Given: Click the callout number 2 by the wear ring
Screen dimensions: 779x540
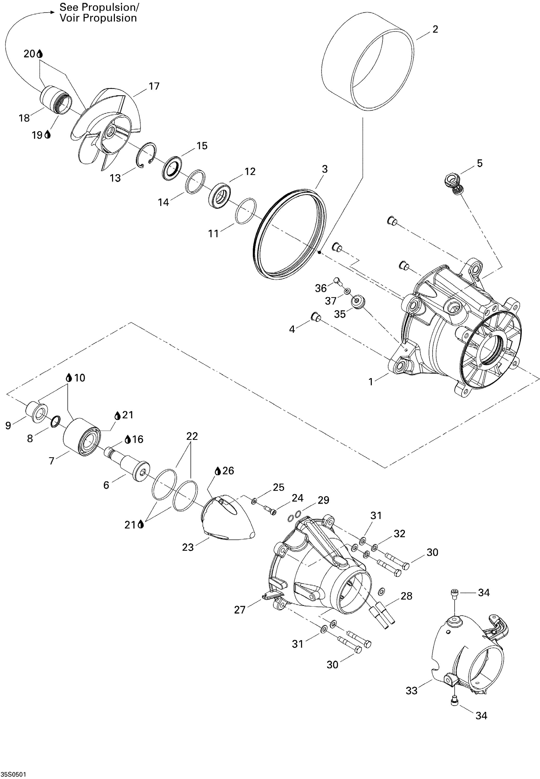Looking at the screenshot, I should coord(435,29).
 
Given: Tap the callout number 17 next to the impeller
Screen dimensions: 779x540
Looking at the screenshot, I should coord(154,86).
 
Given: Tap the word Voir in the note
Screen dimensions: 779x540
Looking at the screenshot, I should coord(70,18).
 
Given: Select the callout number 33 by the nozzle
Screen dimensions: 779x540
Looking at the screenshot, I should coord(411,691).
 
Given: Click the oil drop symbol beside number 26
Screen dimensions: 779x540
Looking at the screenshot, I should coord(218,471).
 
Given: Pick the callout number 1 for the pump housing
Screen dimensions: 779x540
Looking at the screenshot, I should coord(371,382).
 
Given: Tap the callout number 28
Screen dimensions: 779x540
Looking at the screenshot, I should coord(406,596).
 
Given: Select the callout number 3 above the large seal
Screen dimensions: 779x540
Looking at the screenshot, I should coord(325,169).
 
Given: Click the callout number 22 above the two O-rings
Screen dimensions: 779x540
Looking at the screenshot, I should coord(192,436).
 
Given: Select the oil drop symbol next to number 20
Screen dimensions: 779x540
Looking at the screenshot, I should coord(40,54).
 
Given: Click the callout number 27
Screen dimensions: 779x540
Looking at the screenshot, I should coord(240,610).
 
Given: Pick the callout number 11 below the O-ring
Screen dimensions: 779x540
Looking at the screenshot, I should coord(213,234).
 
